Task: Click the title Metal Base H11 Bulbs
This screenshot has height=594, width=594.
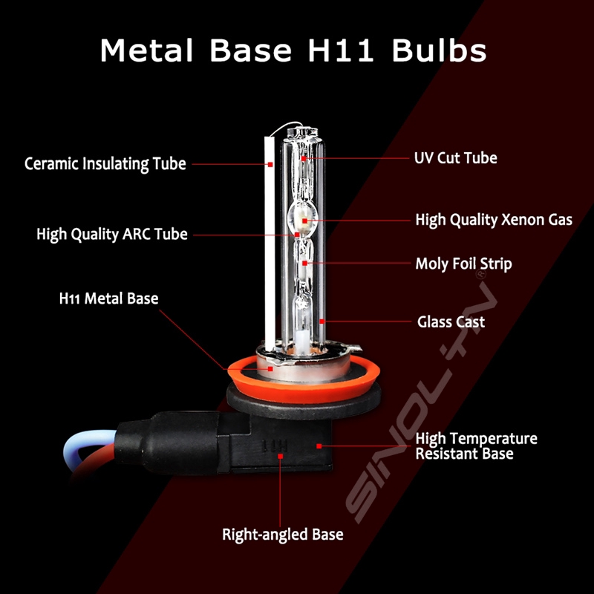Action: coord(293,50)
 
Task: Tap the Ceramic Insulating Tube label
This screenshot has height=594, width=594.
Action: coord(105,164)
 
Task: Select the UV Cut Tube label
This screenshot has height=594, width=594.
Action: coord(455,158)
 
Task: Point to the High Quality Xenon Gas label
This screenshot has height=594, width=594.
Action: coord(494,220)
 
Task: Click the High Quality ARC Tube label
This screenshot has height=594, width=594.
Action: coord(112,234)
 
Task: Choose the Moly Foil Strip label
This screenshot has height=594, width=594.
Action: coord(463,264)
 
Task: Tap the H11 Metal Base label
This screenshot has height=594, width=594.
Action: coord(108,298)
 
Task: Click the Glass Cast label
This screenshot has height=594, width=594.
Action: coord(451,322)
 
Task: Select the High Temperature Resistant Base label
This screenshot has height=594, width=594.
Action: coord(476,446)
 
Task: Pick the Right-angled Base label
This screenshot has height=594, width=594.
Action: coord(283,535)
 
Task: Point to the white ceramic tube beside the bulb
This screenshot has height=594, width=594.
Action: coord(270,243)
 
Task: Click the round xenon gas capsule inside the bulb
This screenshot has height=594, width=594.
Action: coord(302,219)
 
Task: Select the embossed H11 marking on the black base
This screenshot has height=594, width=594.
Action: coord(275,446)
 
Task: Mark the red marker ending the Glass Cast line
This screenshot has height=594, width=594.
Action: coord(322,322)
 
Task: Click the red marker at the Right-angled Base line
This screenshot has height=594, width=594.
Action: coord(281,457)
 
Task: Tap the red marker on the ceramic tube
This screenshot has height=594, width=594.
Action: coord(270,164)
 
